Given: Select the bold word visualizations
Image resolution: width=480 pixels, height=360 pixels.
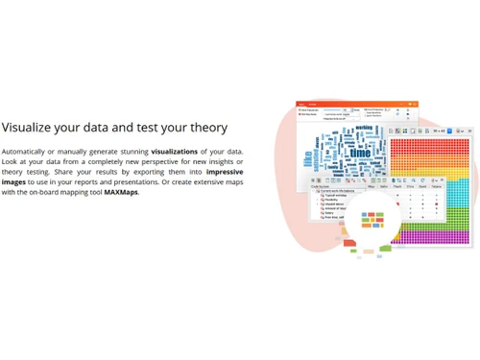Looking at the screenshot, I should coord(175,152).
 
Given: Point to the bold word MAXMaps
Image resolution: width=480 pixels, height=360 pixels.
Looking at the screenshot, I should coord(121,192).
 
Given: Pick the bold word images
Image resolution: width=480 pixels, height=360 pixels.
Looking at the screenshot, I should coord(14,182).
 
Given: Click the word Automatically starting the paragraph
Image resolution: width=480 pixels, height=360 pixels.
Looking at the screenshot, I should coord(25,152).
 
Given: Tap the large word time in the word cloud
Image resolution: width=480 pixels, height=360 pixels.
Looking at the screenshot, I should coord(360,152).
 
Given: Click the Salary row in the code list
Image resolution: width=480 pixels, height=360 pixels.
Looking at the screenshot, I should coord(331,213).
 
